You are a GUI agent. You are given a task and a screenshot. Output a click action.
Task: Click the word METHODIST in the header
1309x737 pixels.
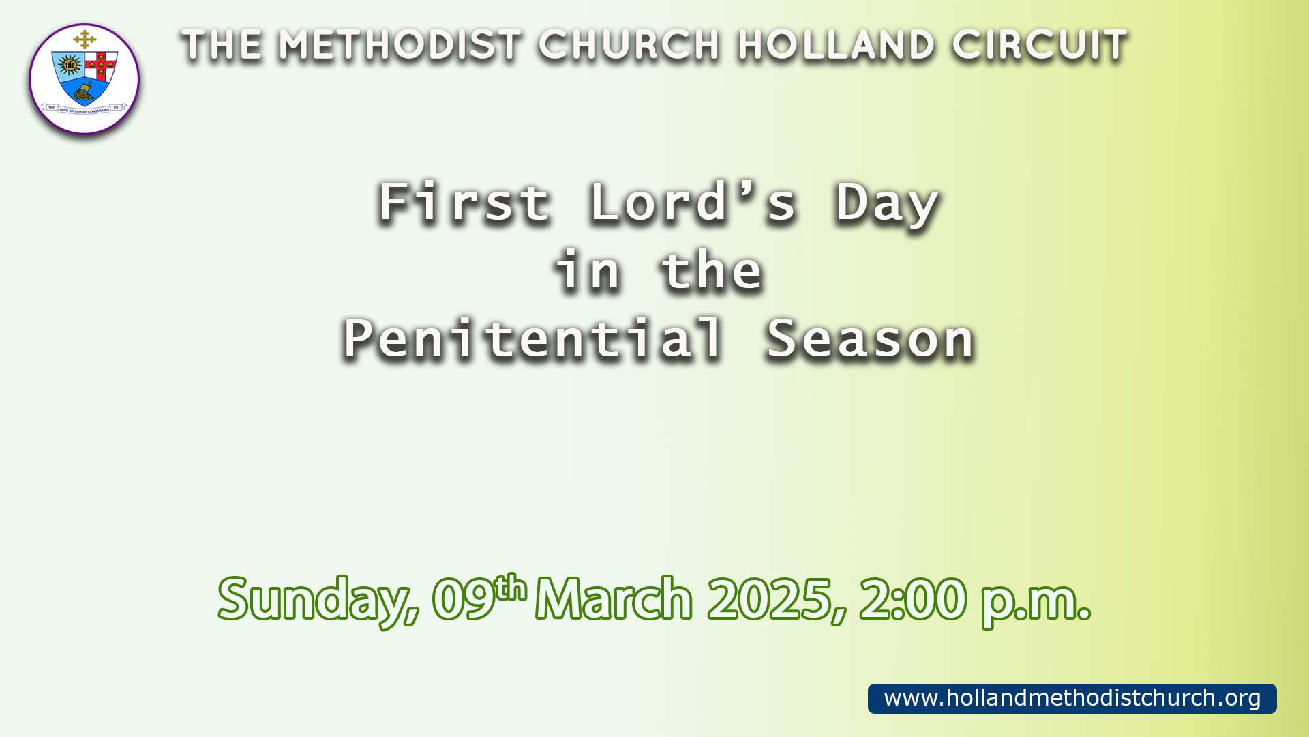click(x=400, y=46)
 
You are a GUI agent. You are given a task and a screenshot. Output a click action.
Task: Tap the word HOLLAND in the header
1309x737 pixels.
click(x=837, y=46)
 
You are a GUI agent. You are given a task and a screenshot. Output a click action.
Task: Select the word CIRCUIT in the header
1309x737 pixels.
click(x=1040, y=46)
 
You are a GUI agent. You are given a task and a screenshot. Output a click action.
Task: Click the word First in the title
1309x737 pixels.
click(x=464, y=202)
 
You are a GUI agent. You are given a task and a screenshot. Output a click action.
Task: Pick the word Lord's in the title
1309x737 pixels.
click(x=693, y=202)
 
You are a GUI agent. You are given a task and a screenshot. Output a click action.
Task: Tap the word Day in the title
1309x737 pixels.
click(x=888, y=205)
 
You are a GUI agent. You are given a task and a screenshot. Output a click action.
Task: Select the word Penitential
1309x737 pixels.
click(x=532, y=338)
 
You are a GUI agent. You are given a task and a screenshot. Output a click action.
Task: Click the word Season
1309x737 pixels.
click(x=871, y=339)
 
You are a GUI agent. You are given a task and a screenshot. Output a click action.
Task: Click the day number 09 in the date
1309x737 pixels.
click(x=464, y=599)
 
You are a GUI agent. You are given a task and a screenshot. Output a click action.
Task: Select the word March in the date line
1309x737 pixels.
click(x=614, y=598)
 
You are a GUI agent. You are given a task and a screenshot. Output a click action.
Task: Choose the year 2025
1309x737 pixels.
click(x=776, y=599)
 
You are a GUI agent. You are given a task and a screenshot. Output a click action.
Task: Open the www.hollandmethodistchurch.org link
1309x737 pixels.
click(x=1072, y=698)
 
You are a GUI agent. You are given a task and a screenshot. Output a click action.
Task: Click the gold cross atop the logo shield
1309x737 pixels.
click(x=85, y=40)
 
